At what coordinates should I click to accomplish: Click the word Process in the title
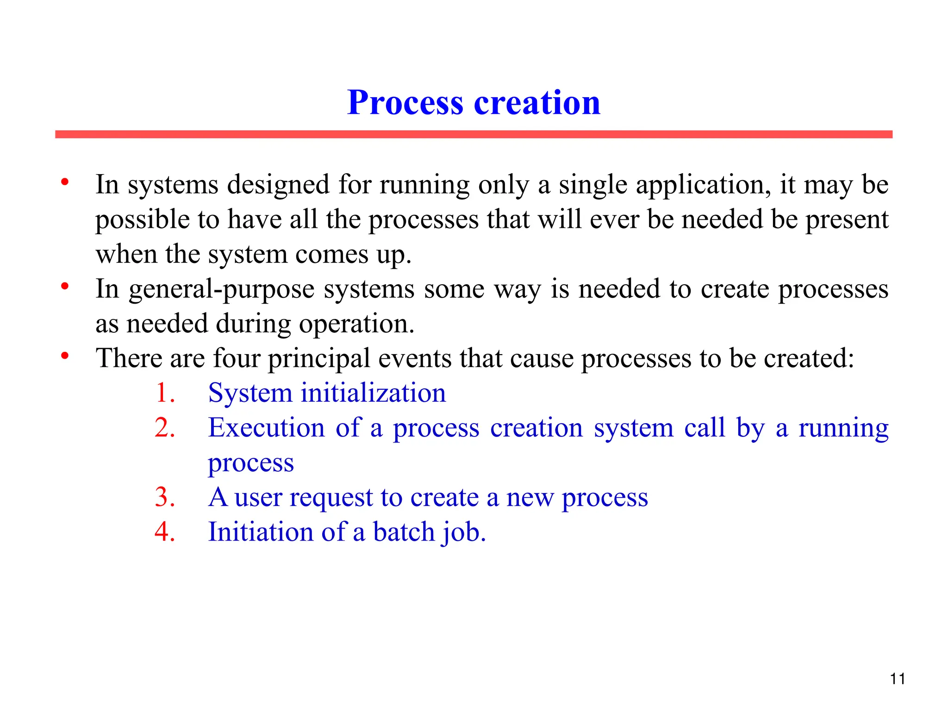tap(405, 102)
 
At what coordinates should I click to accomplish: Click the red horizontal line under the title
tap(474, 134)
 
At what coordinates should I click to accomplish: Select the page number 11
tap(898, 679)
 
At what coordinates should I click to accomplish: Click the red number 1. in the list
tap(165, 393)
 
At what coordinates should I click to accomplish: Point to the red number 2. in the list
tap(165, 428)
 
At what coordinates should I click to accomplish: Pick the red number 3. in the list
tap(165, 498)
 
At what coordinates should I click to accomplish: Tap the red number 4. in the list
tap(165, 532)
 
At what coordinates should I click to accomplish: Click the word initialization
tap(373, 393)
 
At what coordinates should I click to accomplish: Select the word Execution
tap(266, 428)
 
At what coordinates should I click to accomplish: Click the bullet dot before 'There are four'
tap(65, 356)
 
